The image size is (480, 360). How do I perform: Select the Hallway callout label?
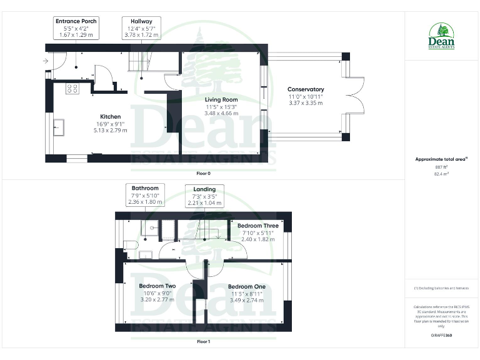(x=141, y=27)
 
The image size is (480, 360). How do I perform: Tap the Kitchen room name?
(x=110, y=117)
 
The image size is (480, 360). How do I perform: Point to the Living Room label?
(x=221, y=99)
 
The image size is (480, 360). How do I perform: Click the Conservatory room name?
(x=306, y=89)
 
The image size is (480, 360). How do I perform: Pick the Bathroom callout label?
(x=145, y=195)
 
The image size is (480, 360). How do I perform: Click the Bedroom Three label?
(x=257, y=226)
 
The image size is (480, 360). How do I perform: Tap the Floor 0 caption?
(x=204, y=172)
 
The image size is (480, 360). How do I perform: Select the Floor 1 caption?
(x=204, y=342)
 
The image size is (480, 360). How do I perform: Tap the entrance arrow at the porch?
(x=45, y=61)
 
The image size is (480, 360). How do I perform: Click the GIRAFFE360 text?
(x=441, y=336)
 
